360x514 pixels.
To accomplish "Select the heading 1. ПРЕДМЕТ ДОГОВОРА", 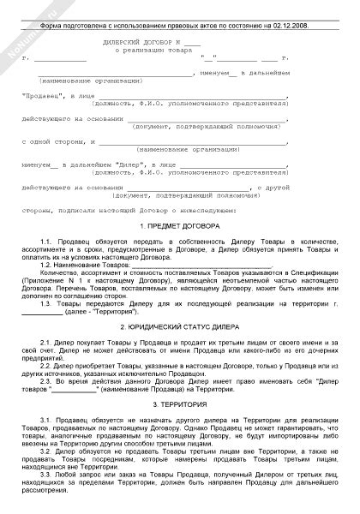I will (179, 225).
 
